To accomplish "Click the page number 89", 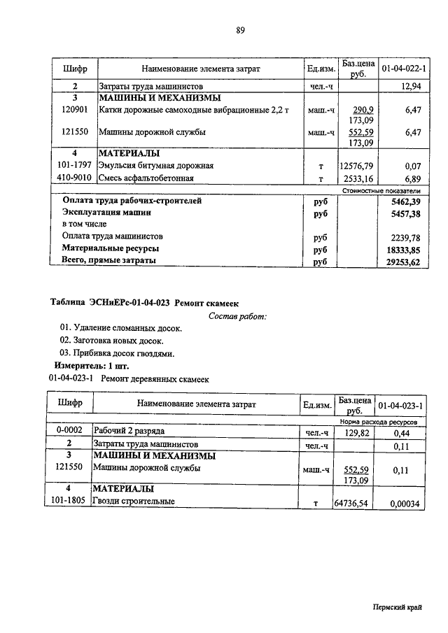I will (x=240, y=29).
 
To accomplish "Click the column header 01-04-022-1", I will (x=405, y=69).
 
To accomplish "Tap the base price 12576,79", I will (x=357, y=166).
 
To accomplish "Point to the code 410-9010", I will (x=73, y=178).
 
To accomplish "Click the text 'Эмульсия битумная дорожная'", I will (x=155, y=166).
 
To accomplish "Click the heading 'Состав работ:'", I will (x=237, y=316).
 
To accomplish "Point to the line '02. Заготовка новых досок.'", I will (x=112, y=341).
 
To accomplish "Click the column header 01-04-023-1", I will (x=402, y=406).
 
